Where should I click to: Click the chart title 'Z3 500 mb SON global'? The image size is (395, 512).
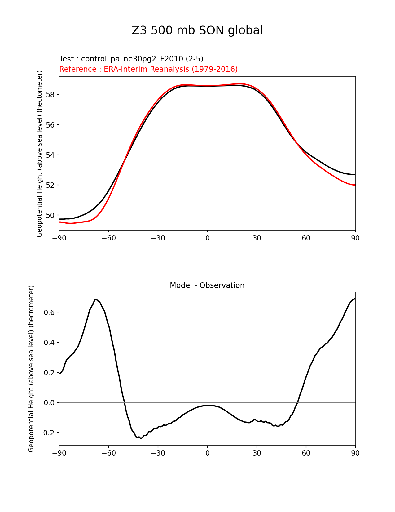[197, 30]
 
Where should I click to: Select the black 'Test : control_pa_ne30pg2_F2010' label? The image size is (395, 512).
[131, 59]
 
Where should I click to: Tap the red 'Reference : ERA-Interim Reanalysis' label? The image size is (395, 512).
[148, 69]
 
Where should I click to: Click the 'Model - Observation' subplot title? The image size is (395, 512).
[207, 285]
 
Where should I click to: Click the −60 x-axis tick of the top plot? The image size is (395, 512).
[108, 238]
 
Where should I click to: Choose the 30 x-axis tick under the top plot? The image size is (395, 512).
[257, 238]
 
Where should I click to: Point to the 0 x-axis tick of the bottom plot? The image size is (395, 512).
[207, 453]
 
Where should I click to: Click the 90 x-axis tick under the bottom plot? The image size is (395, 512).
[355, 453]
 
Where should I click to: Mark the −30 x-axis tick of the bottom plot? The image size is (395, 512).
[158, 453]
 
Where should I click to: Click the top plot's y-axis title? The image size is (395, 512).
[39, 154]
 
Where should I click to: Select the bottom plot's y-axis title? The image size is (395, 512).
[31, 369]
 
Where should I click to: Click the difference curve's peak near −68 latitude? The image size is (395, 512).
[96, 299]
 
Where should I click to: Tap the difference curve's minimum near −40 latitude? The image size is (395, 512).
[141, 438]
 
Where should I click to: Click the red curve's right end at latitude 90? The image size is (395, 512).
[355, 185]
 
